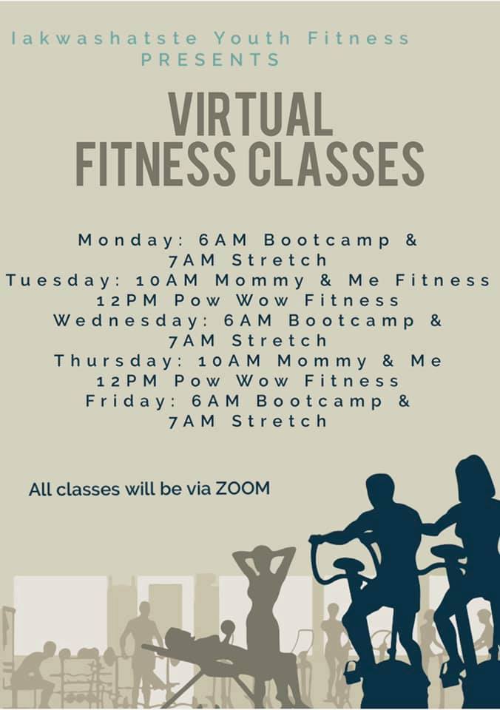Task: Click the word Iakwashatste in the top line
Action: click(104, 38)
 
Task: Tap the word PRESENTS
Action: click(211, 60)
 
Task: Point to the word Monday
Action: click(126, 240)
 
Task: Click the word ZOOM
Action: click(243, 489)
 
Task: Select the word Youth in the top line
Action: click(252, 38)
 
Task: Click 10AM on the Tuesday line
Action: click(167, 281)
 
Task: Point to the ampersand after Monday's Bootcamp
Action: click(411, 240)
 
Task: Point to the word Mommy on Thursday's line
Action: click(322, 361)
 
